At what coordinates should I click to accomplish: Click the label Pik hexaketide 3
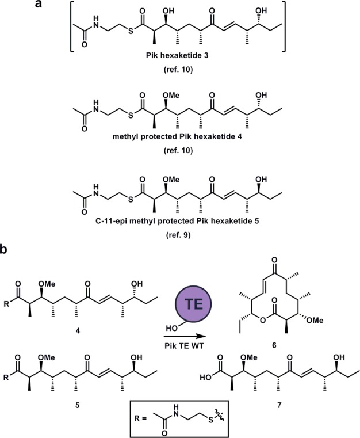coord(185,77)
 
